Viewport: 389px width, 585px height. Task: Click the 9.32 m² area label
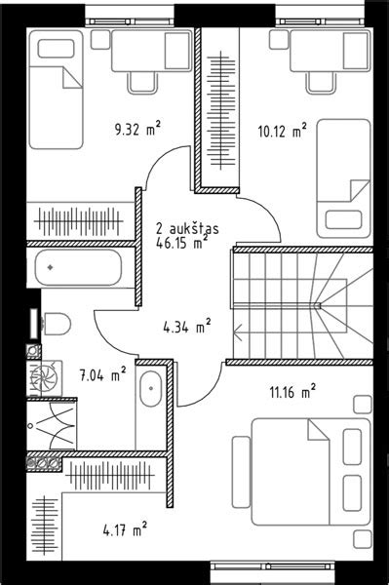pos(137,129)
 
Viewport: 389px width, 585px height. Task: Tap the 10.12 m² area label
pos(283,131)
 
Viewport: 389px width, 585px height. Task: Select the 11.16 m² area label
pos(292,392)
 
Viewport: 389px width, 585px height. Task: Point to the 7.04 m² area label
pos(103,374)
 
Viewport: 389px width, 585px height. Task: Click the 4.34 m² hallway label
pos(187,327)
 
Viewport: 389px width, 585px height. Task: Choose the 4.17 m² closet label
pos(125,529)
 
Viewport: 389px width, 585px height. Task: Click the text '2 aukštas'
pos(187,228)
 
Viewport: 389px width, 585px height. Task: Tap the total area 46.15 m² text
pos(181,243)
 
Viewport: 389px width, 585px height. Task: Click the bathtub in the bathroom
pos(78,268)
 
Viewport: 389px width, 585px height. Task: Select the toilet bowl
pos(57,324)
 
